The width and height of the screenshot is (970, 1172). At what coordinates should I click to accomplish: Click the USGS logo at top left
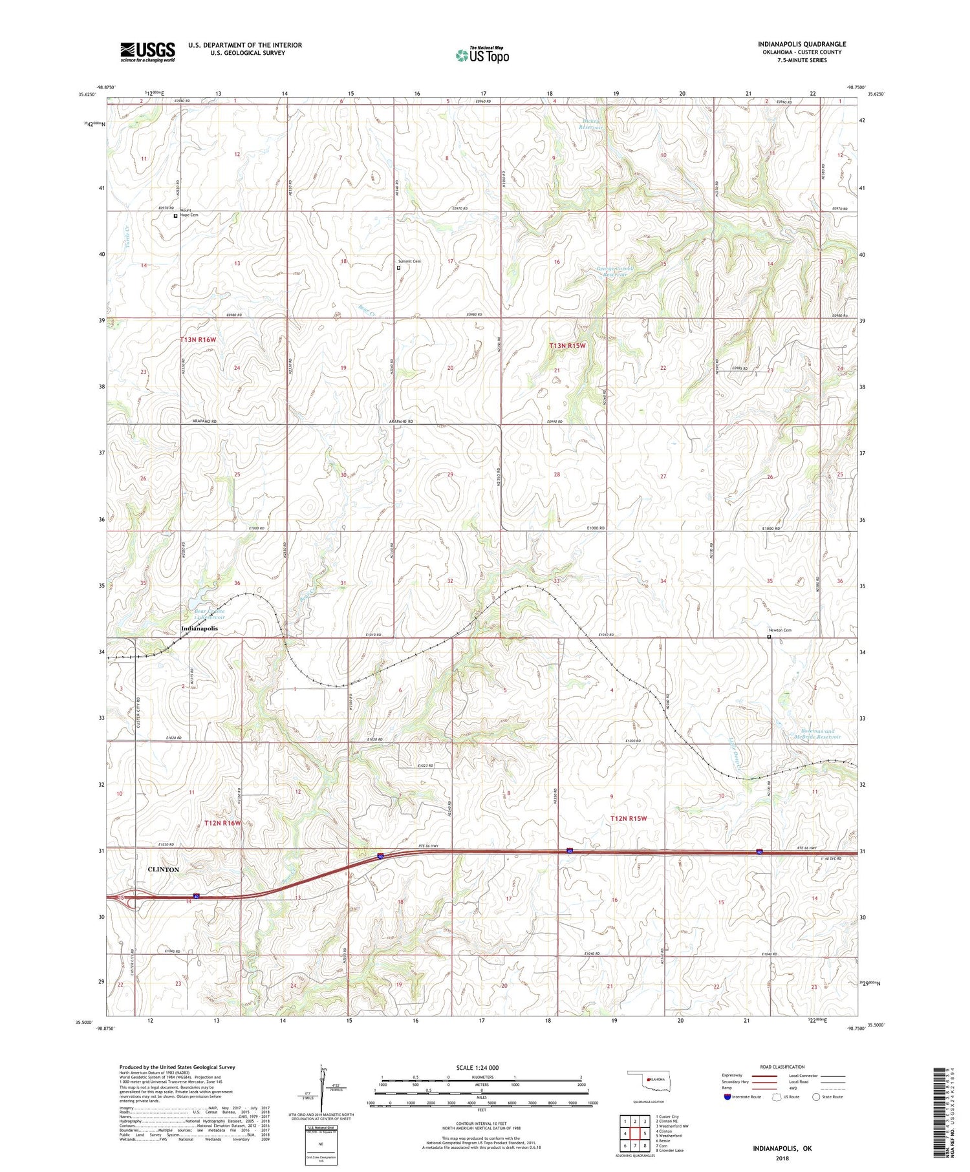click(x=147, y=51)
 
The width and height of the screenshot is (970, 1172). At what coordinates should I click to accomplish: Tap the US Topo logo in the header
click(x=482, y=56)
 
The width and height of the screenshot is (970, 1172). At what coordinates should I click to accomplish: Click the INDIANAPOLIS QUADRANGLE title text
click(x=802, y=44)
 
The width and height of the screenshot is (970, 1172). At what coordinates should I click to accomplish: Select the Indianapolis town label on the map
click(x=199, y=628)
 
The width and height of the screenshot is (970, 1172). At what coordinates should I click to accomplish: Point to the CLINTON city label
click(x=164, y=869)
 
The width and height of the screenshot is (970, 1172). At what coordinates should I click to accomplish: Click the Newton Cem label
click(x=780, y=630)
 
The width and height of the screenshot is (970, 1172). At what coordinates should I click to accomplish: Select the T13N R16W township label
click(x=198, y=339)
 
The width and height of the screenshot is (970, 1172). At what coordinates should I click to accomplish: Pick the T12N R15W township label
click(x=629, y=818)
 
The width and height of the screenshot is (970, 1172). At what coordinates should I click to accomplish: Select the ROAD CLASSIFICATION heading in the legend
click(x=782, y=1067)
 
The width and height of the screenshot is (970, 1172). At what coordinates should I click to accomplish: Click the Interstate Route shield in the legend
click(x=727, y=1097)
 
